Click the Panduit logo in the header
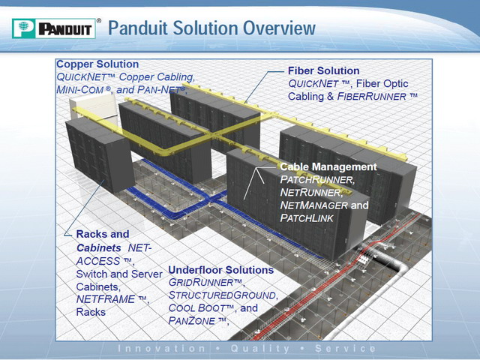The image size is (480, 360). click(x=54, y=28)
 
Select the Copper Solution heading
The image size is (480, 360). click(x=97, y=64)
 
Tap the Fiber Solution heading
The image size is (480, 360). click(x=323, y=70)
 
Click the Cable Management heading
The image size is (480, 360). click(x=328, y=166)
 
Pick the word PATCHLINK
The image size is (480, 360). click(x=307, y=218)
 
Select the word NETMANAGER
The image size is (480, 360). click(x=313, y=205)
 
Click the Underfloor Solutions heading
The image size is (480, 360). click(x=221, y=270)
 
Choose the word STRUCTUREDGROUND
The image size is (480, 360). click(x=222, y=295)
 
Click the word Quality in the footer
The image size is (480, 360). click(x=260, y=349)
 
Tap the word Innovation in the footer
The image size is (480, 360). click(x=161, y=349)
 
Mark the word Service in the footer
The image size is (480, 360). click(x=345, y=349)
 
